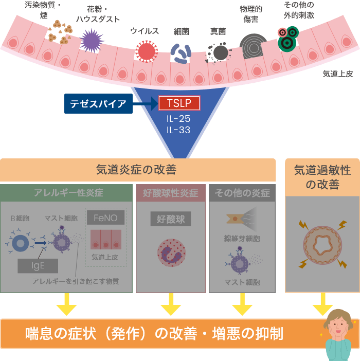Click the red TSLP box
(179, 103)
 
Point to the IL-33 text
(178, 130)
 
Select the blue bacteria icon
(181, 52)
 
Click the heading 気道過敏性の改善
(322, 176)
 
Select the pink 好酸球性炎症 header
(170, 193)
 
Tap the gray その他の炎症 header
(242, 193)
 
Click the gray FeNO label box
(105, 218)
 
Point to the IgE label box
(38, 265)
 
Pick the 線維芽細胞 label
(242, 239)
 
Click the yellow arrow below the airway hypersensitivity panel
(322, 305)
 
